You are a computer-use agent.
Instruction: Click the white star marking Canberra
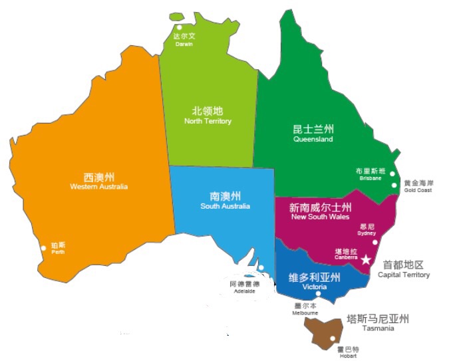coord(365,260)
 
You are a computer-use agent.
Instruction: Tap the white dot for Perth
coord(43,248)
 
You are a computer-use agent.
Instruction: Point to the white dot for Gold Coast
coord(394,185)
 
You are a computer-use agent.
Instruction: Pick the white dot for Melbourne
coord(319,294)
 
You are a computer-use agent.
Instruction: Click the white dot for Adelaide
coord(261,268)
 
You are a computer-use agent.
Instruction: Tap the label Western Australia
coord(98,187)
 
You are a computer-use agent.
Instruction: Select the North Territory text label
coord(208,121)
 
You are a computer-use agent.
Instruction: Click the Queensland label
coord(313,140)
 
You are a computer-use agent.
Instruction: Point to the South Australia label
coord(225,206)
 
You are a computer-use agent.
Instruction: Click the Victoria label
coord(314,287)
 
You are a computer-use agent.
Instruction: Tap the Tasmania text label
coord(378,328)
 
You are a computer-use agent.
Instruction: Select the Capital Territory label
coord(403,275)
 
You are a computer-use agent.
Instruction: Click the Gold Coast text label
coord(418,190)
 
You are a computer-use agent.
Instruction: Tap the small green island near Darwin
coord(176,16)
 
